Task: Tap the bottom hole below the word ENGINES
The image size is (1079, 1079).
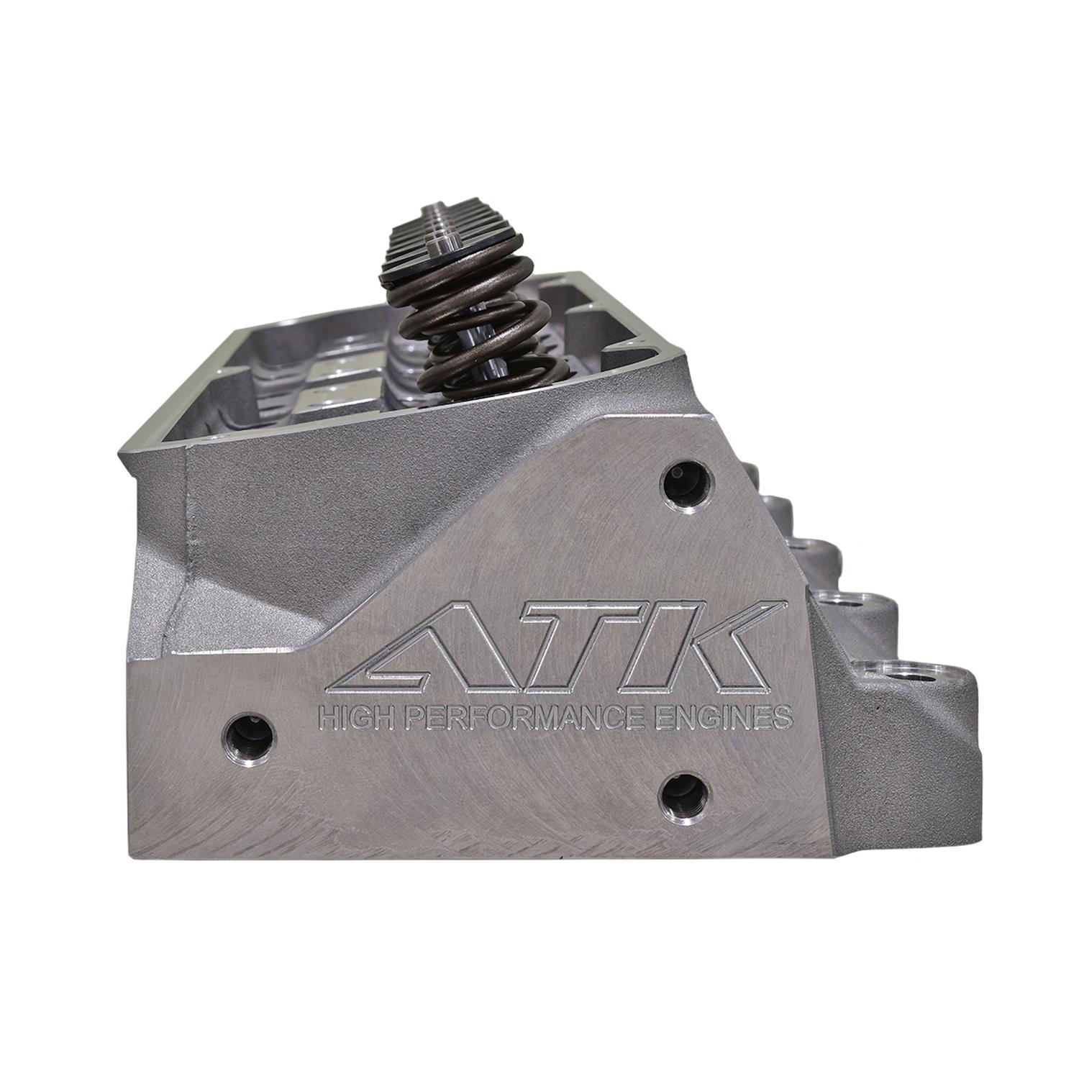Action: pyautogui.click(x=684, y=794)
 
